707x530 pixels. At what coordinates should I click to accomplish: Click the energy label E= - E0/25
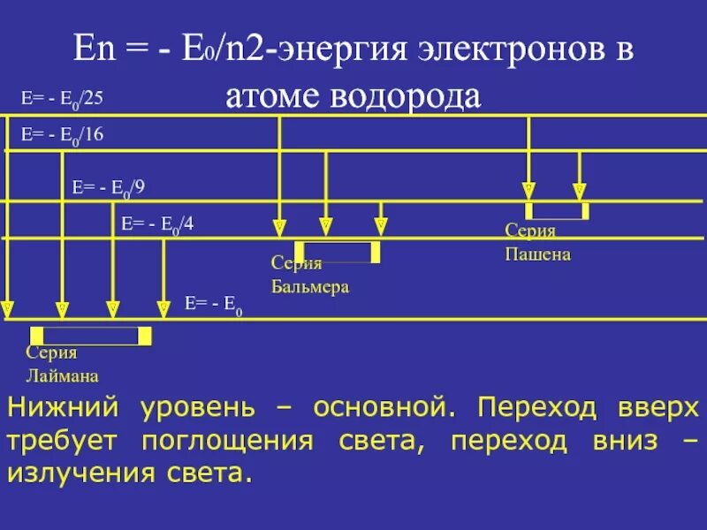point(62,98)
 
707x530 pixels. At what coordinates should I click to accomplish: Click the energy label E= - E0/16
point(62,135)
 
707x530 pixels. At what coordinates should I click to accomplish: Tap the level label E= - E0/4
point(157,224)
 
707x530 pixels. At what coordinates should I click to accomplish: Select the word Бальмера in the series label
point(309,287)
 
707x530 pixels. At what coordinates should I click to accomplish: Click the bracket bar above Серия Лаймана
point(91,336)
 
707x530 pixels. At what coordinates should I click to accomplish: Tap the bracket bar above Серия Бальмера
point(338,253)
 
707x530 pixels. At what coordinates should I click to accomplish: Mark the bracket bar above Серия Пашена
point(557,211)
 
